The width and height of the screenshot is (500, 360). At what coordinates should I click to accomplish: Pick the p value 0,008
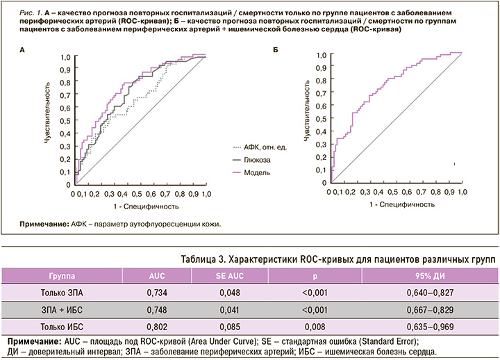tap(310, 326)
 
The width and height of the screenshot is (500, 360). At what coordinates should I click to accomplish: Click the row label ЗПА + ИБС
tap(67, 309)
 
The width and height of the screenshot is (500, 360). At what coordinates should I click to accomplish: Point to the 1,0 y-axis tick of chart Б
tap(322, 54)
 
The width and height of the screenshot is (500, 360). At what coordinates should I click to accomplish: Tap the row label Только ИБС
tap(67, 326)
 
